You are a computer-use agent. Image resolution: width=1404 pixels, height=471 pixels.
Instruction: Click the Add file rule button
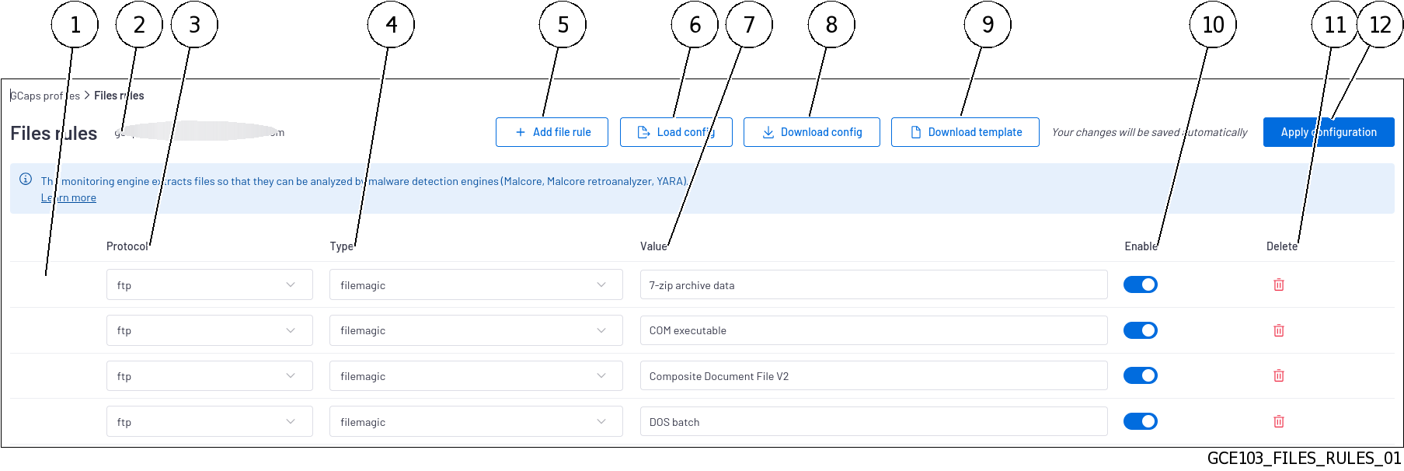(552, 132)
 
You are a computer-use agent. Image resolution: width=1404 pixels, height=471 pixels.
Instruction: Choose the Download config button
(811, 132)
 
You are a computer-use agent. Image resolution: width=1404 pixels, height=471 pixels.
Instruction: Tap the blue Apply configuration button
(1328, 132)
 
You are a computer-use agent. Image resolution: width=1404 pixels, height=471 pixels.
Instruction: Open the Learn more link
(68, 198)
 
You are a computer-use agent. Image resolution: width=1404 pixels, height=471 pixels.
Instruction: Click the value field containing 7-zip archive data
(873, 285)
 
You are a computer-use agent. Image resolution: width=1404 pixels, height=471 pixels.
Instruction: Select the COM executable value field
(873, 330)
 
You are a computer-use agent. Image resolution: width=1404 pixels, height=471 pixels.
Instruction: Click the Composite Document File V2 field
(873, 376)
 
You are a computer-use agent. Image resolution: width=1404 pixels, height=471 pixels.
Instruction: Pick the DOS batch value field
(873, 422)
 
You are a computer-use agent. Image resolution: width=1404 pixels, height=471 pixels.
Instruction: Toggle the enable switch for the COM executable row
(1140, 330)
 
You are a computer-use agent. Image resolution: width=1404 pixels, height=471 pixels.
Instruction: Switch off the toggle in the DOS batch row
(1140, 421)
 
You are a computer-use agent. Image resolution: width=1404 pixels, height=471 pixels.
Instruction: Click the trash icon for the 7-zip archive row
(1278, 284)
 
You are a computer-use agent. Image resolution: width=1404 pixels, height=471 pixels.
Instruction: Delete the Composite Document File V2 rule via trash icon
(1278, 375)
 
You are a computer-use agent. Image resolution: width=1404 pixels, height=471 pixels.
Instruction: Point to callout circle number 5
(563, 25)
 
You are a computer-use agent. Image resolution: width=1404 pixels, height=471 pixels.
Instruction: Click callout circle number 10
(1212, 25)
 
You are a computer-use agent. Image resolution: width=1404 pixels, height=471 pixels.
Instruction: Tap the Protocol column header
(127, 246)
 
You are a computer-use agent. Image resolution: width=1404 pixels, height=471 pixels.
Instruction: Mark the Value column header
(653, 246)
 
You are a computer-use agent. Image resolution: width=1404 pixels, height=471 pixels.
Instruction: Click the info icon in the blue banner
(26, 180)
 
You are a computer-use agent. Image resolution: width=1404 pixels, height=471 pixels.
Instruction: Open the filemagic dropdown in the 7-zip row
(476, 285)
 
